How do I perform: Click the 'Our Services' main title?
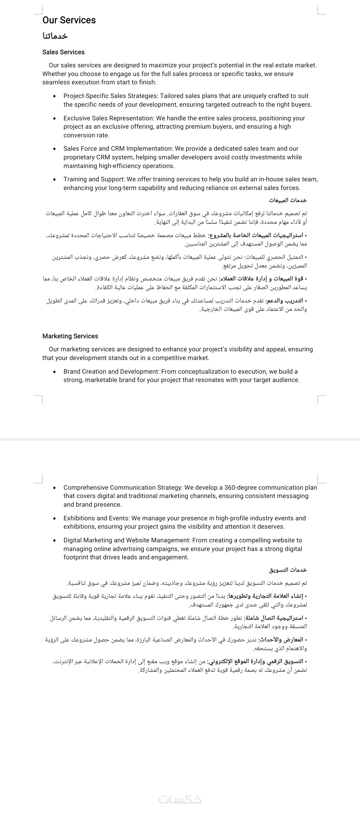click(x=69, y=20)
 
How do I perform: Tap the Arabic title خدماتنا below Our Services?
click(x=55, y=36)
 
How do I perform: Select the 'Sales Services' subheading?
click(x=63, y=52)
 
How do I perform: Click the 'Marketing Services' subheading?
click(x=70, y=336)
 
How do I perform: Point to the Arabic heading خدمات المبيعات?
click(x=288, y=200)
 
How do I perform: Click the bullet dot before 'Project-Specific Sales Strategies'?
click(x=54, y=96)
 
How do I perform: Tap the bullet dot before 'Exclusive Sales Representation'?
click(x=54, y=118)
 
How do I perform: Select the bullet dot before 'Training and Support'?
click(x=54, y=179)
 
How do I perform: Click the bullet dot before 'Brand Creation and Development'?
click(x=54, y=372)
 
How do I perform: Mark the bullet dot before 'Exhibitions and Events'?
click(x=54, y=518)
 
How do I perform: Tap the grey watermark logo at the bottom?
click(x=180, y=799)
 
